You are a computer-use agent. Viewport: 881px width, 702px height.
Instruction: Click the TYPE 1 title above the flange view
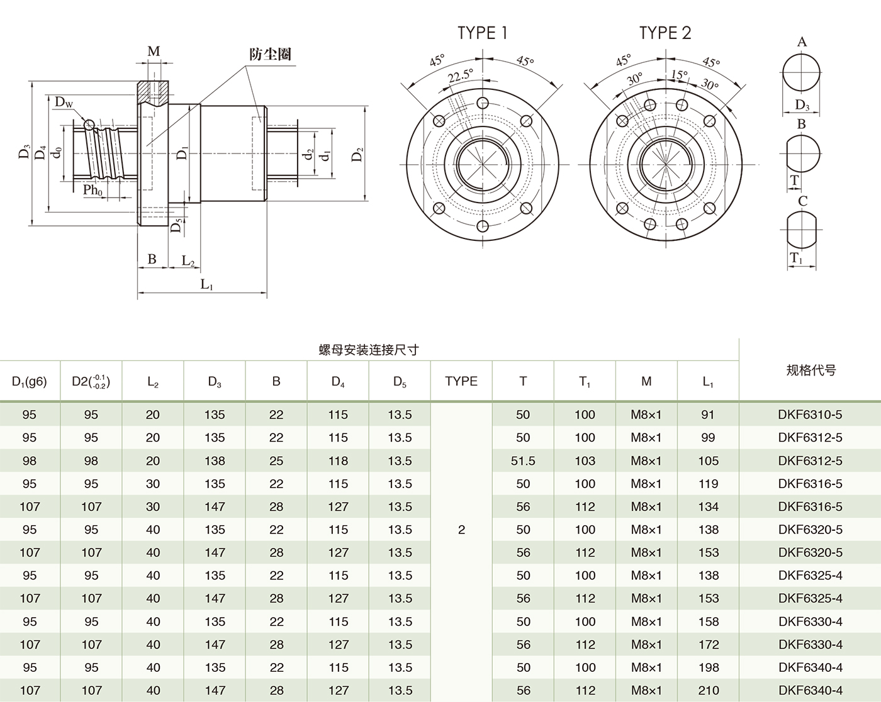[x=482, y=33]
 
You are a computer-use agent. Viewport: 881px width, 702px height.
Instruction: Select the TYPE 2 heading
[x=665, y=33]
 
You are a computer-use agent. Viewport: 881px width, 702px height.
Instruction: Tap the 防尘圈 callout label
[x=270, y=54]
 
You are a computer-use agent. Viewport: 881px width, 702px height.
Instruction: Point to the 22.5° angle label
[x=460, y=76]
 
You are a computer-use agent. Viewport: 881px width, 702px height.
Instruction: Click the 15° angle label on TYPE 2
[x=678, y=75]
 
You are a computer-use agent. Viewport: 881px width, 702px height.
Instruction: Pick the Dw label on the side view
[x=64, y=102]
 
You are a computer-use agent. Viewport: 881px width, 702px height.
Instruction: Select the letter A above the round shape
[x=802, y=42]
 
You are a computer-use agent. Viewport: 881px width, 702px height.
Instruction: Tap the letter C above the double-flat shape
[x=802, y=201]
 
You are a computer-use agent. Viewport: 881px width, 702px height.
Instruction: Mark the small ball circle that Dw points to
[x=89, y=125]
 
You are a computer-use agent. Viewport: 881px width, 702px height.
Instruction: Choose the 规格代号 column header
[x=811, y=370]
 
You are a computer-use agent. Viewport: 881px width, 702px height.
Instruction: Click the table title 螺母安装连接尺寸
[x=369, y=350]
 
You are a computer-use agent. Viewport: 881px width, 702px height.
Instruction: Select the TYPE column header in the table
[x=461, y=381]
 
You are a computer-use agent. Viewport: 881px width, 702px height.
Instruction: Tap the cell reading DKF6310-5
[x=810, y=415]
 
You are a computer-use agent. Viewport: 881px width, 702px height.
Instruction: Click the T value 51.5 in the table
[x=523, y=461]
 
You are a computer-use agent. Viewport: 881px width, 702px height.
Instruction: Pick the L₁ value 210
[x=708, y=691]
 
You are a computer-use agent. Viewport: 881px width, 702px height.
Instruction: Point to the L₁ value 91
[x=708, y=415]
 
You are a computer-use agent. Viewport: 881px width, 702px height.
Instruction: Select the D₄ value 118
[x=338, y=461]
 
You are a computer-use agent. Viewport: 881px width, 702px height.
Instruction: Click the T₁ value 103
[x=585, y=461]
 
